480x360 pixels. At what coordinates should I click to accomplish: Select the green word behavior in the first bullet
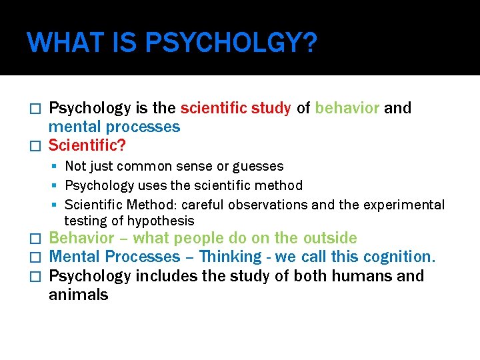(347, 108)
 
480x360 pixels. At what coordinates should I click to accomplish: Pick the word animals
(78, 294)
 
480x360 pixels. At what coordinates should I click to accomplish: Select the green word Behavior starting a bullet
(82, 238)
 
